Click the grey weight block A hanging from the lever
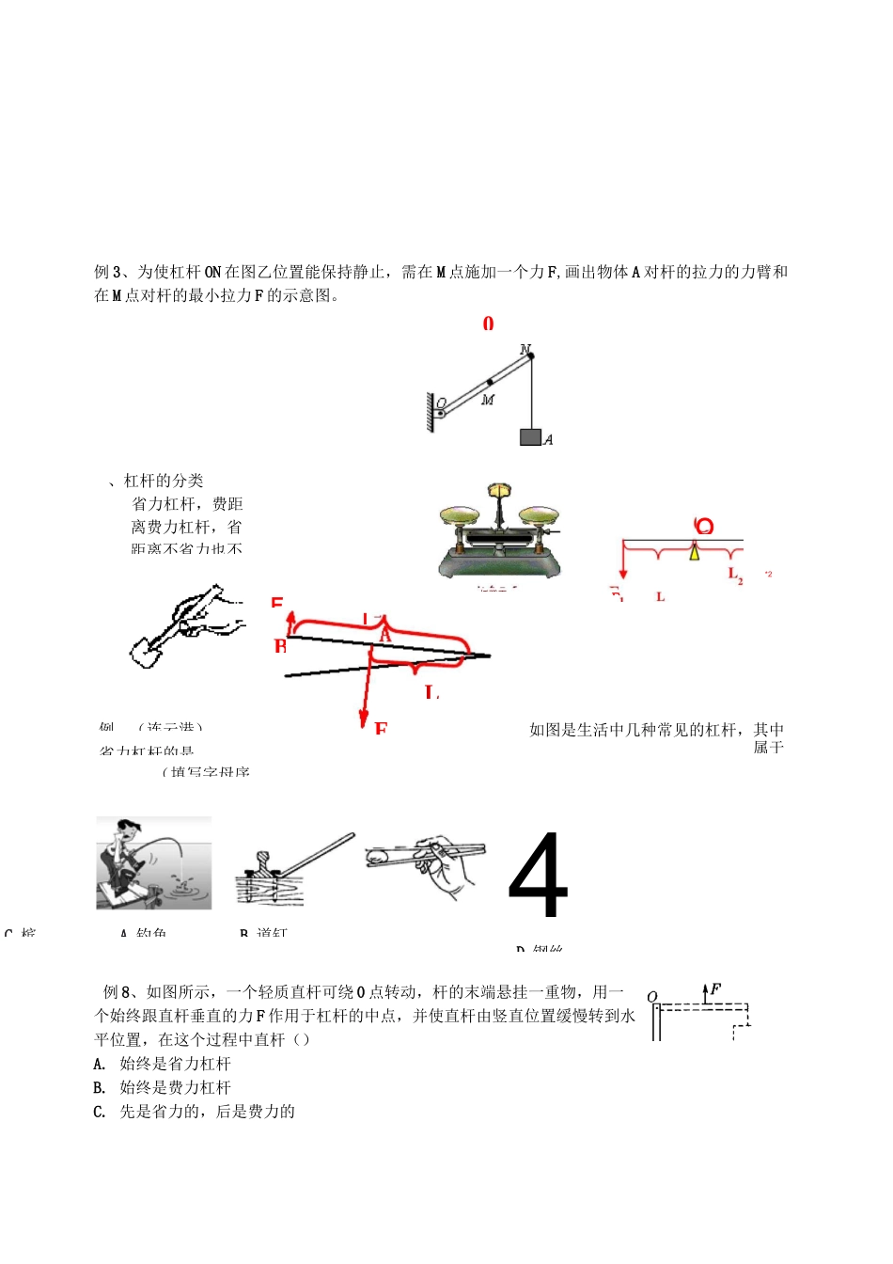530,436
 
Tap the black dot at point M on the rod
490,383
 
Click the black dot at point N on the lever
529,355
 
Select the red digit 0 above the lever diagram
488,324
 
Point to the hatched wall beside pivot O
431,412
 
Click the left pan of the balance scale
460,514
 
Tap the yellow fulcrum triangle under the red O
695,552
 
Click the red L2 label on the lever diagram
735,574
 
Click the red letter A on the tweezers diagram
384,636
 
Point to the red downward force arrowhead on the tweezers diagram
364,719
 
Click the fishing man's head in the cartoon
127,830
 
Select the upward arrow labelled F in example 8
705,993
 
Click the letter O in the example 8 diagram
652,997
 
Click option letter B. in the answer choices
100,1088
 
